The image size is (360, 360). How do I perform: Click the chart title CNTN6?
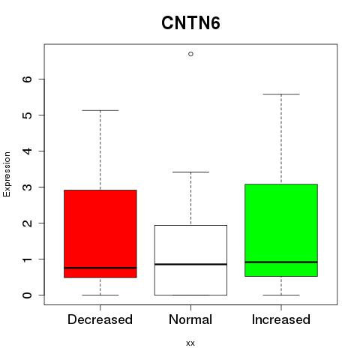[x=190, y=23]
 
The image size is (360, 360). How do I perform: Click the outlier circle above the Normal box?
[x=190, y=54]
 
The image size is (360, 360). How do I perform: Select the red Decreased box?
[x=100, y=234]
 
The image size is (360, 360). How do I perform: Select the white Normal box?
[x=190, y=260]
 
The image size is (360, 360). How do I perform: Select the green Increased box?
[x=281, y=230]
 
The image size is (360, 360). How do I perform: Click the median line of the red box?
[x=100, y=268]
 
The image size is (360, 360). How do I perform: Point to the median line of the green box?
[x=281, y=262]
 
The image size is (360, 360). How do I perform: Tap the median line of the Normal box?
[x=190, y=264]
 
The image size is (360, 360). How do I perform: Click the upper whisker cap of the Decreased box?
[x=100, y=110]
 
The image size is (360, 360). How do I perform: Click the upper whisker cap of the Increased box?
[x=281, y=94]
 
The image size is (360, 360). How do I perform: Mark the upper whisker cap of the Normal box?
[x=190, y=172]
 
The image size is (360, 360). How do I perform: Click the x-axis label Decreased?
[x=100, y=319]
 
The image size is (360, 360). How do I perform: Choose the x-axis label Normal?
[x=190, y=319]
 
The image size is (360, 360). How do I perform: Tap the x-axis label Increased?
[x=281, y=319]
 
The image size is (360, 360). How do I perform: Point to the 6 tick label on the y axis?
[x=28, y=79]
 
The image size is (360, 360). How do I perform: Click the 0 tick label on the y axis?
[x=28, y=295]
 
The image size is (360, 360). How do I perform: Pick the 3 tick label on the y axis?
[x=28, y=187]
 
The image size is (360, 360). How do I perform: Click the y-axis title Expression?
[x=7, y=174]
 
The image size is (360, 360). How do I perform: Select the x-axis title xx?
[x=190, y=343]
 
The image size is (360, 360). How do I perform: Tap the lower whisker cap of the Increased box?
[x=281, y=295]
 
